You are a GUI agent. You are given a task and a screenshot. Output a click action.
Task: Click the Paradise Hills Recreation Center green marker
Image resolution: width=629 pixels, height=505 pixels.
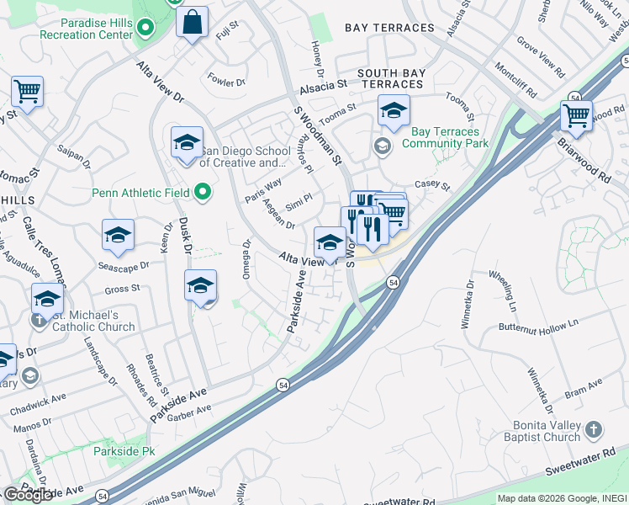(x=145, y=28)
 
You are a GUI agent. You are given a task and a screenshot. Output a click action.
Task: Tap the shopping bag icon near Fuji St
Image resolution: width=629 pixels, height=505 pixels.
(x=192, y=23)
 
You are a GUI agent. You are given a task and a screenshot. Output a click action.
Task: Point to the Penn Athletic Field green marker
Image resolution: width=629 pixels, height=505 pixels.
(x=202, y=194)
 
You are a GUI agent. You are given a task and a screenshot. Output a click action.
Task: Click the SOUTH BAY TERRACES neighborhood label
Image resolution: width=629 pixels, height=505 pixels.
(x=390, y=79)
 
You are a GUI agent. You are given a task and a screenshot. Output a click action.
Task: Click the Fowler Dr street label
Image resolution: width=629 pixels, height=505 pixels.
(x=226, y=82)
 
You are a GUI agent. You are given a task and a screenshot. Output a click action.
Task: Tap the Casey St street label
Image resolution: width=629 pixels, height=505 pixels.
(x=432, y=186)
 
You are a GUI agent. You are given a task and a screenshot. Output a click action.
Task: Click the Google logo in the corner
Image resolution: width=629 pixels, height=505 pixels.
(x=28, y=495)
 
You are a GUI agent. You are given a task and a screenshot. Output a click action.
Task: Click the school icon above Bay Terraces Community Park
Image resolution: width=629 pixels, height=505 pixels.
(x=393, y=111)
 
